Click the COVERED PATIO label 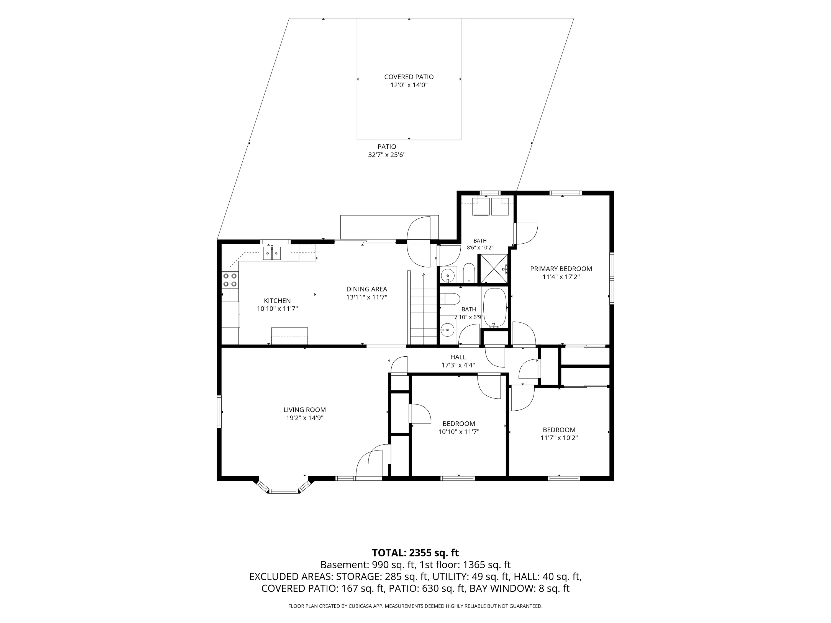(x=409, y=77)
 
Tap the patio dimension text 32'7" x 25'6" (x=387, y=155)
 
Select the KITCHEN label (x=277, y=301)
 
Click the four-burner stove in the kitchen (x=230, y=280)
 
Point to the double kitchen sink (x=272, y=253)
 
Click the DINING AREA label (x=367, y=289)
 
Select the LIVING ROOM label (x=305, y=410)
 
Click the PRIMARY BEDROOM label (x=561, y=269)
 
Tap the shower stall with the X (x=493, y=269)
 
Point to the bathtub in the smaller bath (x=495, y=308)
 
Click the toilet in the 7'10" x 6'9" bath (x=450, y=299)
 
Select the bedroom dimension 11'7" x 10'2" (x=559, y=438)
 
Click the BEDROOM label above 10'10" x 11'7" (x=459, y=424)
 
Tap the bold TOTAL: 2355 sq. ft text (x=415, y=553)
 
